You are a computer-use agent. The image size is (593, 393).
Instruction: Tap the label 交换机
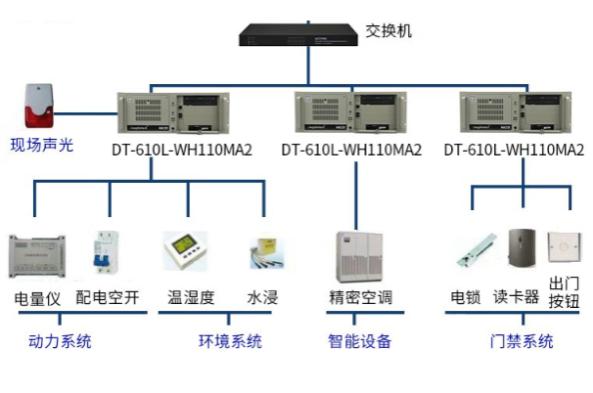click(388, 30)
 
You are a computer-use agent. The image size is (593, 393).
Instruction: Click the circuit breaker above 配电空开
click(104, 254)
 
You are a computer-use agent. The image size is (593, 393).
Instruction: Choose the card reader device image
click(522, 249)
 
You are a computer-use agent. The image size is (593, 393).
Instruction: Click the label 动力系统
click(60, 341)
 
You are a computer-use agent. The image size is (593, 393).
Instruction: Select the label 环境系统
click(230, 341)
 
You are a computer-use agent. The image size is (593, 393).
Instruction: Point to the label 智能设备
click(359, 341)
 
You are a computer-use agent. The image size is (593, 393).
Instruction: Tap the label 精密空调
click(360, 297)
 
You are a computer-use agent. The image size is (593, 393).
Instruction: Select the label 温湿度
click(191, 297)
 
